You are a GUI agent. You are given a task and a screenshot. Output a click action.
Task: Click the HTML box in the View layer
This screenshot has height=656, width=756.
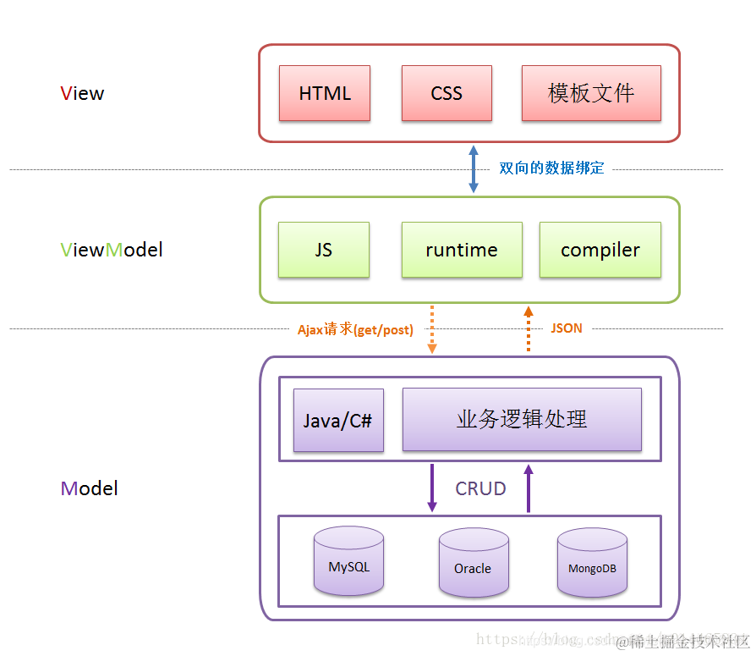[325, 93]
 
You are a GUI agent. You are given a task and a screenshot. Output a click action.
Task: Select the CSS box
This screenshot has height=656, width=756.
[446, 93]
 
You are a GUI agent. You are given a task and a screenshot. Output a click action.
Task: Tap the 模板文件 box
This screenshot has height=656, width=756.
[591, 93]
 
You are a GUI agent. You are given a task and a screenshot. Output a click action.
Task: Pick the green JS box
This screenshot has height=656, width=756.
[324, 250]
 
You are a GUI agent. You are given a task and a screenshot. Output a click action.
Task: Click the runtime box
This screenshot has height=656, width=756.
[462, 250]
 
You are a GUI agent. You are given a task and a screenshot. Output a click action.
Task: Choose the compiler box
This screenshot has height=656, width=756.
[600, 250]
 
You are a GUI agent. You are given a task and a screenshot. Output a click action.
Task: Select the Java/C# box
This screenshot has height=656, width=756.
[338, 420]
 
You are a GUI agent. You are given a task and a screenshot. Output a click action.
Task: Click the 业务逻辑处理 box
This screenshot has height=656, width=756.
[522, 419]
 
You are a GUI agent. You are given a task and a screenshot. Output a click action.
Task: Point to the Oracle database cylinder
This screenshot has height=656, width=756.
[473, 563]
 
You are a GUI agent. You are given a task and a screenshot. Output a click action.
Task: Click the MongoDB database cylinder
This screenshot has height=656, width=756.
[591, 563]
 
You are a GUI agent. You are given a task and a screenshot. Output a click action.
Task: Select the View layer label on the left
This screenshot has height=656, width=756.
[83, 93]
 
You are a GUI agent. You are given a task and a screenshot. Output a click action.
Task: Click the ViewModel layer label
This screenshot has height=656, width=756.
[112, 250]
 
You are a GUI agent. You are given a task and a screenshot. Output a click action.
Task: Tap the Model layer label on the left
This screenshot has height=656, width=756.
[90, 488]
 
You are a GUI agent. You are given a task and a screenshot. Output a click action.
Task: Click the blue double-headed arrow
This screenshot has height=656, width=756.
[474, 168]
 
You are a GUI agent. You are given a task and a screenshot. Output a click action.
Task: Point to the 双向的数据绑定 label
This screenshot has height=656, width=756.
[551, 168]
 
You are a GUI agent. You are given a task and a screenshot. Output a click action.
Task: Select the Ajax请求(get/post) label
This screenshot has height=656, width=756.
[355, 329]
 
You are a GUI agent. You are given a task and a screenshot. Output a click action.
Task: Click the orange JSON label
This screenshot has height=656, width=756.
[567, 328]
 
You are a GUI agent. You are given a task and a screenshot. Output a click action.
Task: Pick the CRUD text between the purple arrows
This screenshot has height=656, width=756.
[480, 488]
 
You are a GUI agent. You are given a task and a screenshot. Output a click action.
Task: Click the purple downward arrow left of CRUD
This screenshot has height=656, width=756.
[432, 488]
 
